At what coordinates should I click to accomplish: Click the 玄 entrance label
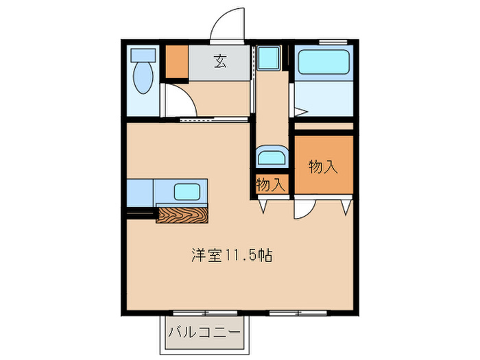pyautogui.click(x=220, y=62)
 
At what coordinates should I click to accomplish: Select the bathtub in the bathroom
pyautogui.click(x=324, y=63)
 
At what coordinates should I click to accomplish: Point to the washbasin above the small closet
pyautogui.click(x=272, y=157)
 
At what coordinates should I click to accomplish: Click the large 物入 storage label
pyautogui.click(x=323, y=167)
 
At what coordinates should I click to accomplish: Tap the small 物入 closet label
pyautogui.click(x=270, y=184)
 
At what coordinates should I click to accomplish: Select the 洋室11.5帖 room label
pyautogui.click(x=231, y=256)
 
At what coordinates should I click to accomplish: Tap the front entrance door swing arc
pyautogui.click(x=226, y=24)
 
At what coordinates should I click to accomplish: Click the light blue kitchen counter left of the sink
pyautogui.click(x=140, y=193)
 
